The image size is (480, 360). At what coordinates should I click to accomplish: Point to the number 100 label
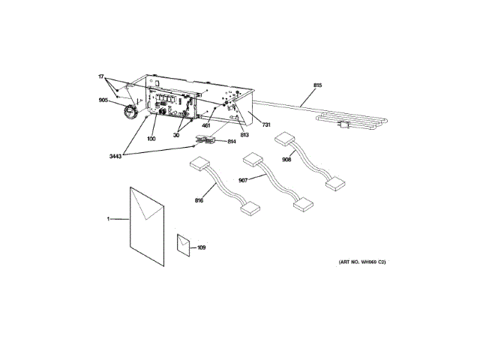[x=151, y=139]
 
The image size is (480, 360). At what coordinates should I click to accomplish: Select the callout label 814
[x=232, y=140]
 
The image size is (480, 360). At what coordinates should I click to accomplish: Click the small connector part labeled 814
[x=203, y=139]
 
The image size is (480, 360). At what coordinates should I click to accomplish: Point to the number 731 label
[x=265, y=125]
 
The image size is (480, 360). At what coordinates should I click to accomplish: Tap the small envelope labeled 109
[x=184, y=245]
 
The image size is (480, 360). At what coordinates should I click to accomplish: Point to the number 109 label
[x=201, y=247]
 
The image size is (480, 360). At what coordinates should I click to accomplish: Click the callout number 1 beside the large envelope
[x=108, y=219]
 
